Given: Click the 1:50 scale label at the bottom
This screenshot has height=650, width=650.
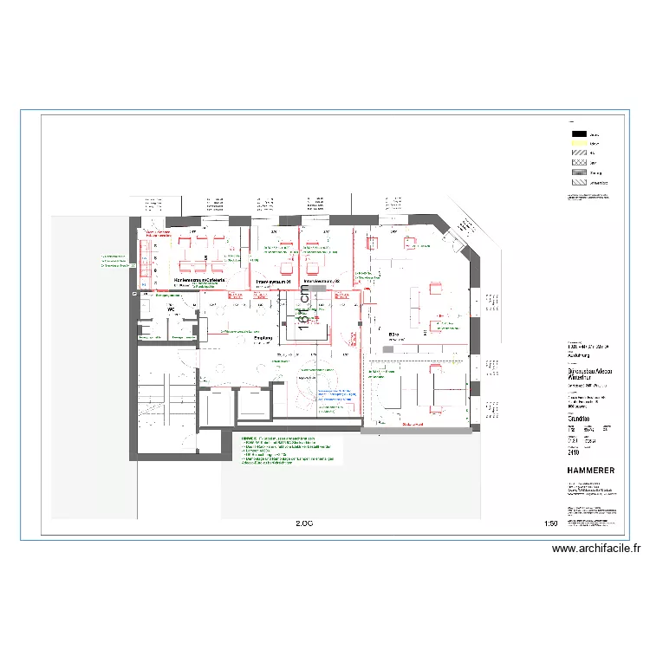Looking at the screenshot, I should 550,523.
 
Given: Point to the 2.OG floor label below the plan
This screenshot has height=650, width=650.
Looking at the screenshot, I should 303,523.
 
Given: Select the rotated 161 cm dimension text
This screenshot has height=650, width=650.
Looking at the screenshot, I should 303,309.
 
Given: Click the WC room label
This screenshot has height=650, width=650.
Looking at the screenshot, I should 172,309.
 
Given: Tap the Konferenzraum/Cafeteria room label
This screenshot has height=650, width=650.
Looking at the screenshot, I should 200,281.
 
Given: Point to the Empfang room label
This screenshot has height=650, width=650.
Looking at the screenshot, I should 263,338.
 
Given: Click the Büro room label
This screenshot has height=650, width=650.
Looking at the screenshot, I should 393,334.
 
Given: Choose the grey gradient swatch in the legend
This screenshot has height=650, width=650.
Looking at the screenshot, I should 578,172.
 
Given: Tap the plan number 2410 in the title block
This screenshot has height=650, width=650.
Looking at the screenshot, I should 573,452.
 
